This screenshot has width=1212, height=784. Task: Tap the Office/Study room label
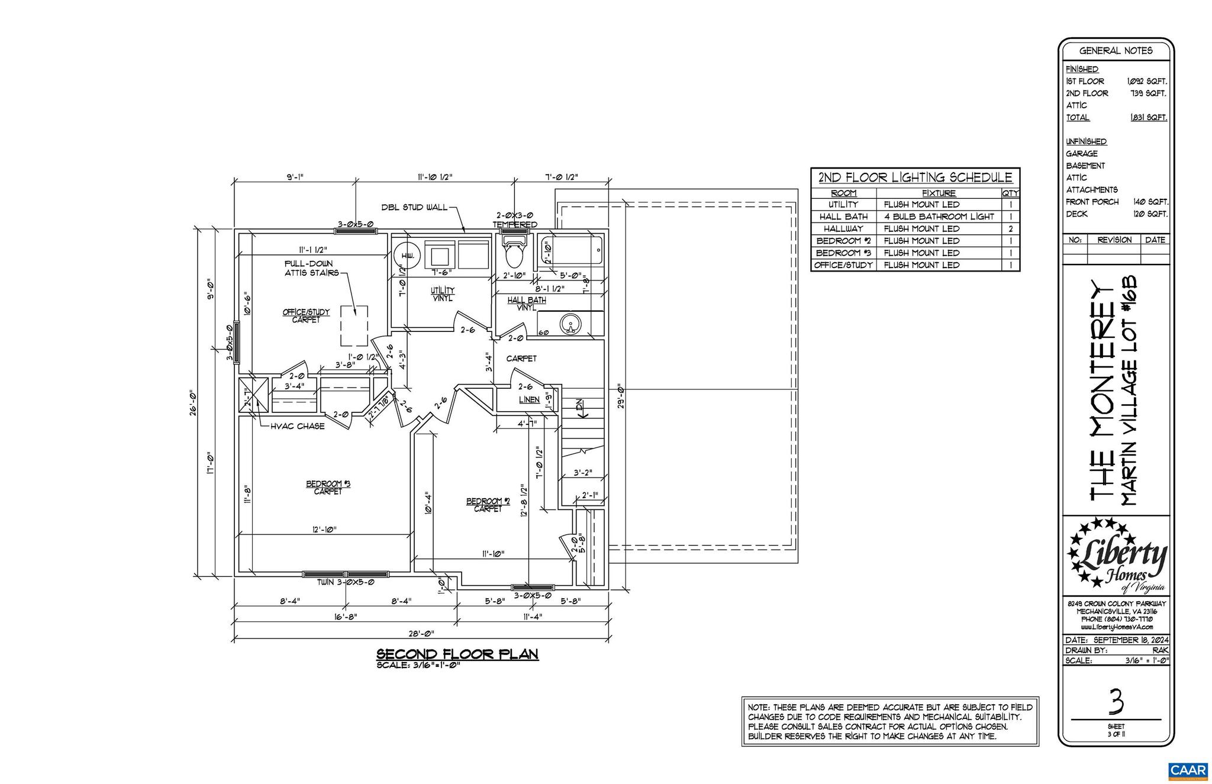(306, 315)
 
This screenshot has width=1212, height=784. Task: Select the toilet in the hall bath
(512, 252)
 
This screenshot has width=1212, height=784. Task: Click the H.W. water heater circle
(407, 255)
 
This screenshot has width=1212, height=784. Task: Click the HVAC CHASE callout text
(297, 426)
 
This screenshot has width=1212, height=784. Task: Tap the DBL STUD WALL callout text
(414, 208)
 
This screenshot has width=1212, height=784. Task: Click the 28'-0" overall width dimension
(421, 633)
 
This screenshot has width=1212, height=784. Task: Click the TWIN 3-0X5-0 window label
(346, 582)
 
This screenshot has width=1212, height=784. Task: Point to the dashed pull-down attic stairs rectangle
(354, 326)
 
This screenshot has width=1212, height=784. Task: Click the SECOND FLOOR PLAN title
(457, 654)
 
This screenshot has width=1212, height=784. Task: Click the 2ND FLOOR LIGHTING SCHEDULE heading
(915, 178)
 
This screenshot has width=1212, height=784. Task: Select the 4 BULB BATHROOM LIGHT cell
(939, 217)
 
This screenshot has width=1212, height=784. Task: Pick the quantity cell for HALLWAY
(1011, 229)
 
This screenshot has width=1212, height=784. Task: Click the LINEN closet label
(529, 400)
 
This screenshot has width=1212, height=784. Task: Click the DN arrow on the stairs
(580, 408)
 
